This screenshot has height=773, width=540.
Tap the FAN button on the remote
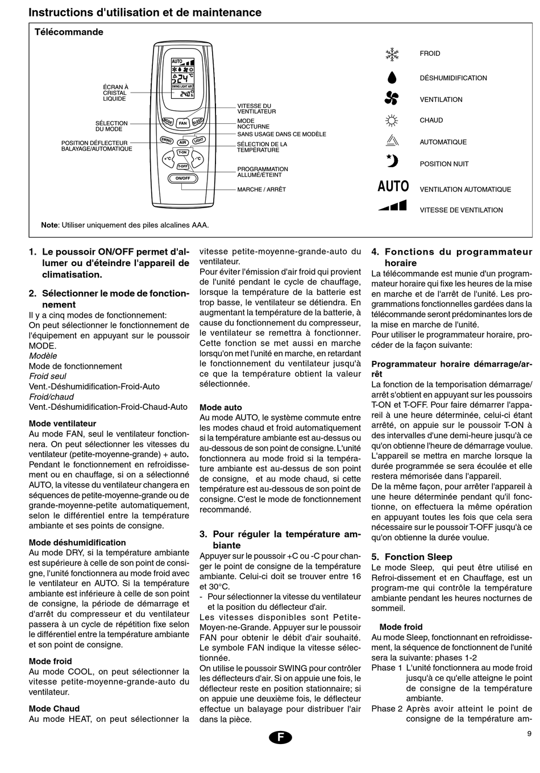[182, 123]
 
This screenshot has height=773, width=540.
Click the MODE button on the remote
[168, 121]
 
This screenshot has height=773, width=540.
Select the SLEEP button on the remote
[197, 121]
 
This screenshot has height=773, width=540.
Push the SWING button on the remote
[167, 140]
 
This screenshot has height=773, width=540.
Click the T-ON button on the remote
[182, 152]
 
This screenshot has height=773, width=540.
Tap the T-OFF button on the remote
[182, 166]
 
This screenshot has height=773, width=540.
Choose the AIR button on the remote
[182, 142]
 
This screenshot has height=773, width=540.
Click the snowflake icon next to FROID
[392, 54]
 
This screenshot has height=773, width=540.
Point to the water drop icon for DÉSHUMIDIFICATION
[392, 78]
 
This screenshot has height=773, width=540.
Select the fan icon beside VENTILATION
[392, 99]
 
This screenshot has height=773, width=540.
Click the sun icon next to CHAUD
[392, 120]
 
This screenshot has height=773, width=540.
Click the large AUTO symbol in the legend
[393, 186]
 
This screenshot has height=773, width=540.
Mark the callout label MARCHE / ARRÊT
[261, 189]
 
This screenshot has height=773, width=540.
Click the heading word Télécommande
[69, 32]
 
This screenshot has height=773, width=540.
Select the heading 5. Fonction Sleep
[412, 557]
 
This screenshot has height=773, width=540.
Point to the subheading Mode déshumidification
[77, 543]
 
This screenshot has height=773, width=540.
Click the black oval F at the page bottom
[280, 737]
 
